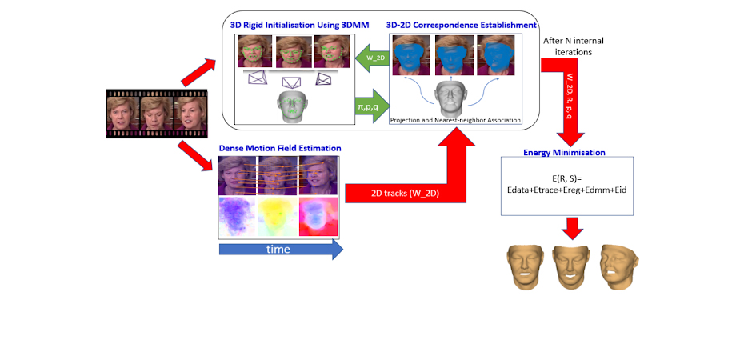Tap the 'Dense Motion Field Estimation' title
280,148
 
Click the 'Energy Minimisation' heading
564,152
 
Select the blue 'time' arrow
280,250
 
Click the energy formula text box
566,186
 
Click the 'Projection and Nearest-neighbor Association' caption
455,120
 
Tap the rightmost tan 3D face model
621,266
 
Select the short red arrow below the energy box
570,228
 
